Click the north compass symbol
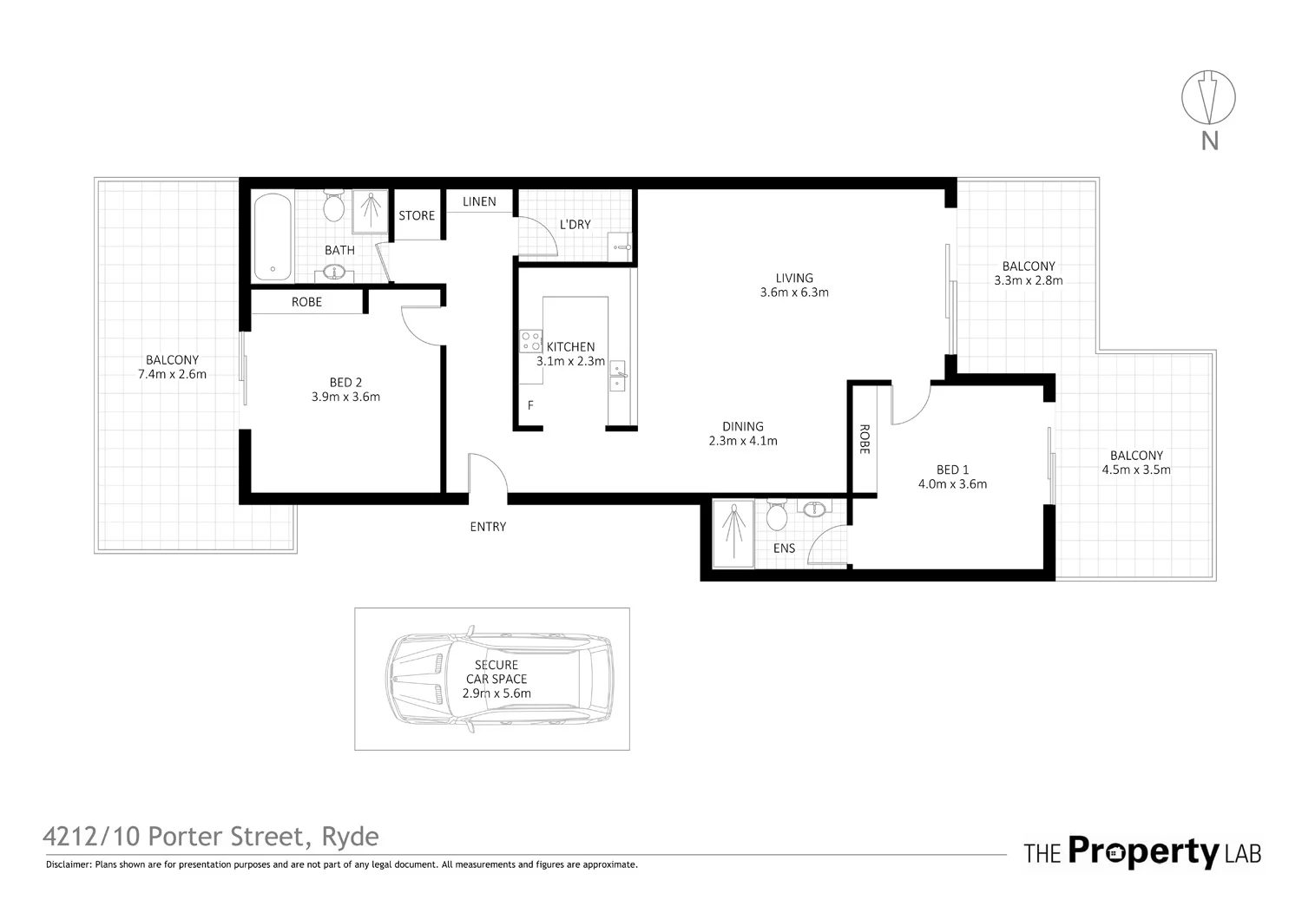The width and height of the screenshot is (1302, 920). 1208,97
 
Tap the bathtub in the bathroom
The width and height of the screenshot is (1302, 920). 273,236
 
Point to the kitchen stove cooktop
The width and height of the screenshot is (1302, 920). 530,341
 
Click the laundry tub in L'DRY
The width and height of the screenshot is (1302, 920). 620,246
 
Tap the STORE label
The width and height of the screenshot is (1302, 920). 417,215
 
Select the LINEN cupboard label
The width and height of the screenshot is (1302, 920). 479,201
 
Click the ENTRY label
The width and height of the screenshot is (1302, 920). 488,527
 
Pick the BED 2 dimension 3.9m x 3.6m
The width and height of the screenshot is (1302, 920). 345,398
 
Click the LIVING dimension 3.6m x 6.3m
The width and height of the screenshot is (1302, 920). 794,292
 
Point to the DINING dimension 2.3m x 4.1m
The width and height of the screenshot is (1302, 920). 743,441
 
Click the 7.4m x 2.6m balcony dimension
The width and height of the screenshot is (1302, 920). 172,375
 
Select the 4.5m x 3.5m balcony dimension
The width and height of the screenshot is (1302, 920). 1136,470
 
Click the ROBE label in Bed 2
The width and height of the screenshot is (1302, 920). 306,302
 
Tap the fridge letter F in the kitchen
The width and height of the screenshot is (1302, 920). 530,405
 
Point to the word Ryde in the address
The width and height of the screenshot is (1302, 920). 351,837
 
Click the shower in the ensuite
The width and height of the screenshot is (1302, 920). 734,534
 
